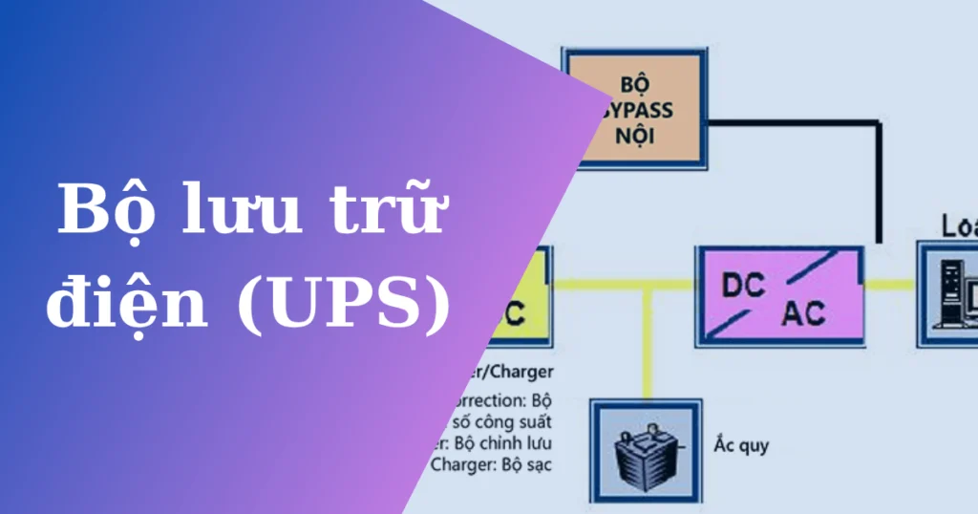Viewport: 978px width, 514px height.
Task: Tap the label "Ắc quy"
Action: point(741,445)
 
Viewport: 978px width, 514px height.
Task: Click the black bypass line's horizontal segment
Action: point(793,120)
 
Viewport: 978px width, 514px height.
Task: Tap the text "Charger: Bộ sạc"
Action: point(491,465)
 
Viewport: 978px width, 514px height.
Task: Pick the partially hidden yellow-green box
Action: point(521,295)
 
